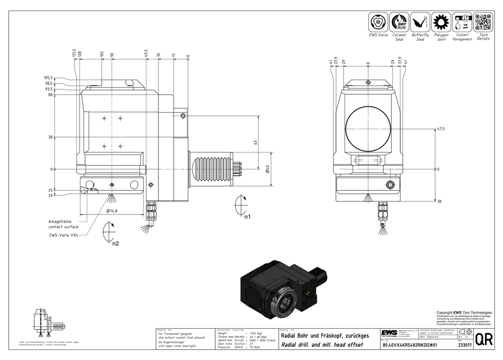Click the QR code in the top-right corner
483,22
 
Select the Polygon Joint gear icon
441,22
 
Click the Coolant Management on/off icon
462,22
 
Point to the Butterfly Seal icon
421,22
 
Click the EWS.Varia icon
379,22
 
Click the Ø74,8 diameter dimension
111,211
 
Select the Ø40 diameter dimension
268,169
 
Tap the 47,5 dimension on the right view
441,129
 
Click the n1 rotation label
247,218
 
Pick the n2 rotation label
115,244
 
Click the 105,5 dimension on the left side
48,78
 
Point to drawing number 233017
465,345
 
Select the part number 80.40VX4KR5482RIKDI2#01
410,345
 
